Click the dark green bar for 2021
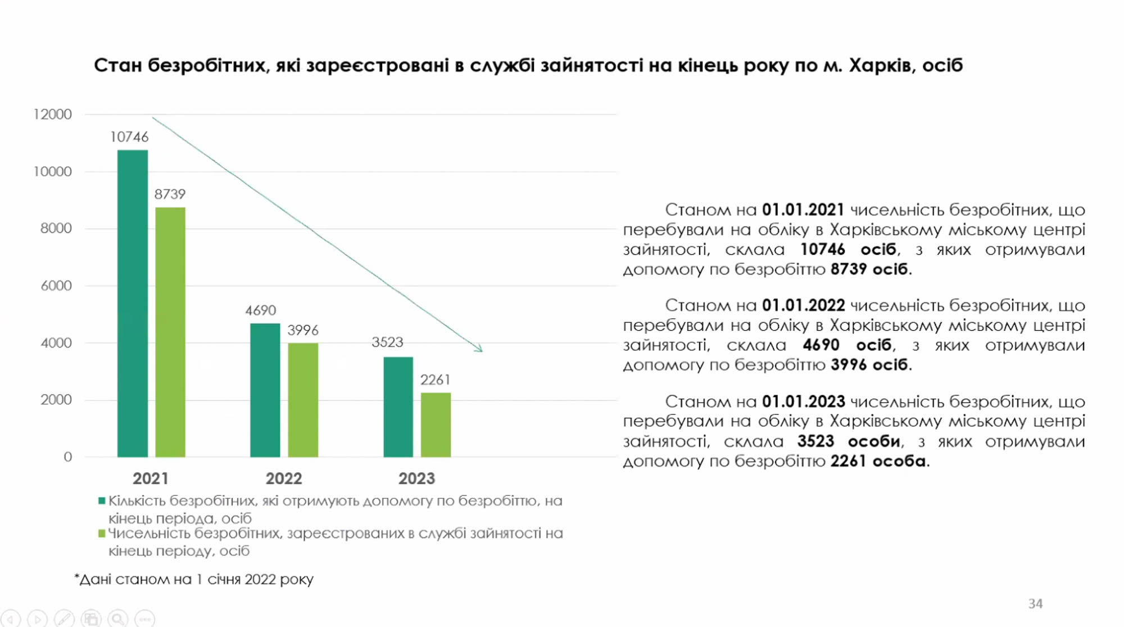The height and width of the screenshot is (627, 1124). click(x=133, y=304)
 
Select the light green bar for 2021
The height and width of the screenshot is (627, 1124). click(x=170, y=332)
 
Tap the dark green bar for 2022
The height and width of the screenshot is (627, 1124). click(x=265, y=390)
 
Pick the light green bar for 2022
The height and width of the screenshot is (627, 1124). click(x=303, y=400)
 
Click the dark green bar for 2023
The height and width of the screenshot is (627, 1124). click(x=398, y=407)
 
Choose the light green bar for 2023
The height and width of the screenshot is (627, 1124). click(x=436, y=425)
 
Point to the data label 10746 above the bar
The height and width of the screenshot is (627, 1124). click(x=129, y=137)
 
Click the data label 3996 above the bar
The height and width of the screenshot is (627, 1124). click(x=303, y=330)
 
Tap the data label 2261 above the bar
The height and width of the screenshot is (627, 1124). click(x=436, y=380)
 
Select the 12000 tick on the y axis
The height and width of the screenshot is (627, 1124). click(x=53, y=115)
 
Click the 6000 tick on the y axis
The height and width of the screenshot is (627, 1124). click(x=56, y=286)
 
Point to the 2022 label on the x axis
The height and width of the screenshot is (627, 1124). click(x=284, y=479)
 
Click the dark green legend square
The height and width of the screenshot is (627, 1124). click(x=102, y=500)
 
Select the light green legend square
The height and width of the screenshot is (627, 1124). click(x=102, y=533)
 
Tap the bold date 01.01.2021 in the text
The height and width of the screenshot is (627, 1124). click(x=803, y=210)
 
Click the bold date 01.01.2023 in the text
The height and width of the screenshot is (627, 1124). click(x=803, y=402)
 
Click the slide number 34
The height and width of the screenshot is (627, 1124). click(x=1035, y=603)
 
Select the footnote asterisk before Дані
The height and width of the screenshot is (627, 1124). click(x=76, y=577)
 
